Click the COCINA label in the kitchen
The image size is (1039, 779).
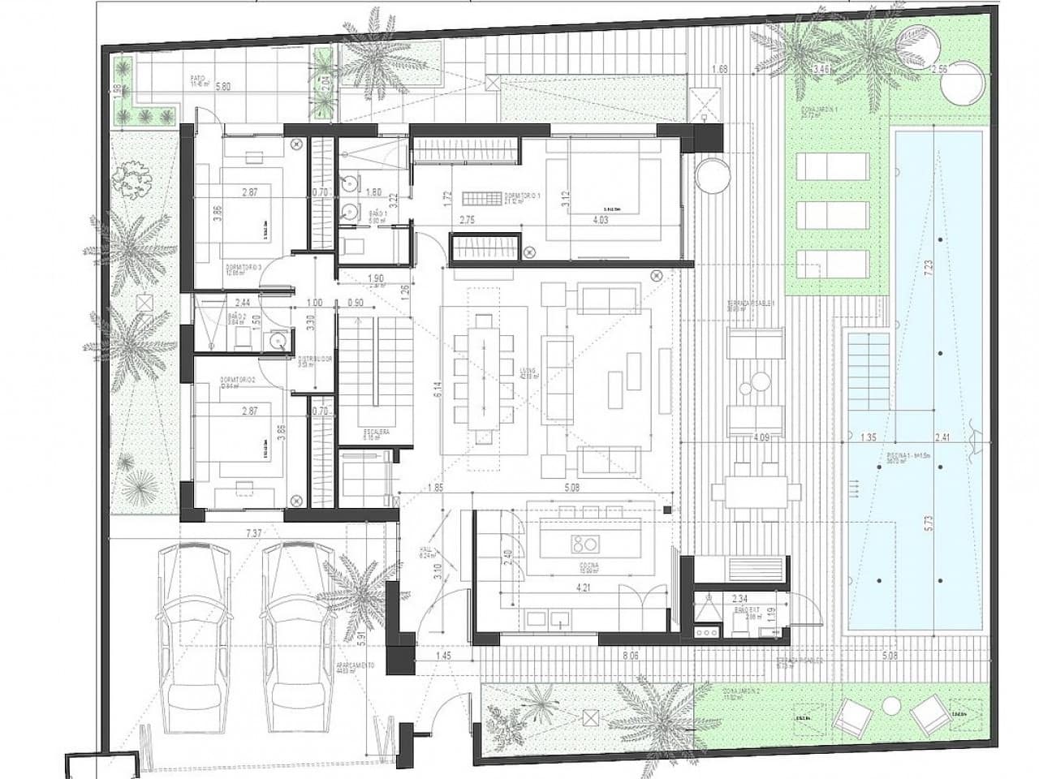589,566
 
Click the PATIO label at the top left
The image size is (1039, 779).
198,80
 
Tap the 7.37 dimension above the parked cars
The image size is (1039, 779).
255,533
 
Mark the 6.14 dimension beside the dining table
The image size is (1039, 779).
438,390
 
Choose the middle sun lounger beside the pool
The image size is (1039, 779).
834,215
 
